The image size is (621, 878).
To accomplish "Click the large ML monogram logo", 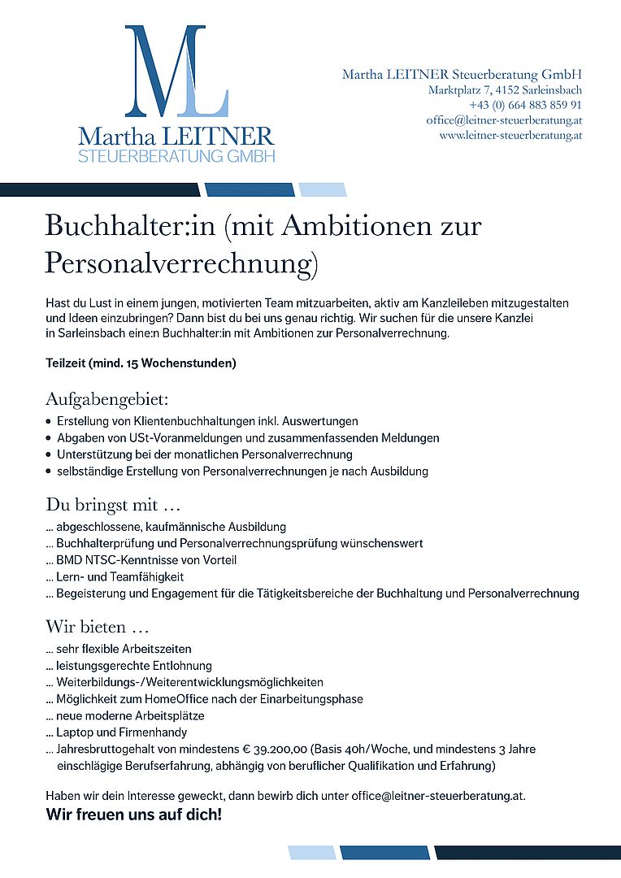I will point(176,72).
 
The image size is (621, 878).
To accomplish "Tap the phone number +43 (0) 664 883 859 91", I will point(525,106).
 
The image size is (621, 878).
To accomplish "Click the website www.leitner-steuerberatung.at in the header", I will point(510,136).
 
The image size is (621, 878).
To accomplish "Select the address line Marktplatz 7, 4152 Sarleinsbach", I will point(505,90).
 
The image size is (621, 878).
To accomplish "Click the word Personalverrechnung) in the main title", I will point(180,263).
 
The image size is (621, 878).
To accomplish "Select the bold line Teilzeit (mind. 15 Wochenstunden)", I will point(141,363).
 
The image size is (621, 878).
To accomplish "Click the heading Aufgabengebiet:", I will point(106,399).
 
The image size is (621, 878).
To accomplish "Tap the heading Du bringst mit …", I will point(106,505).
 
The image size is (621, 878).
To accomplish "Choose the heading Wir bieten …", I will point(98,627).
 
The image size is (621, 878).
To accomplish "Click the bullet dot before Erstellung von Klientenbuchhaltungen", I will point(50,422).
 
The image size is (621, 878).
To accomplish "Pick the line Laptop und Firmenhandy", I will point(122,732).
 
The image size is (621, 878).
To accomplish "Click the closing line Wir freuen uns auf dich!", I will point(133,815).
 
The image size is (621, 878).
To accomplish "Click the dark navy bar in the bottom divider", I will point(528,852).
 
